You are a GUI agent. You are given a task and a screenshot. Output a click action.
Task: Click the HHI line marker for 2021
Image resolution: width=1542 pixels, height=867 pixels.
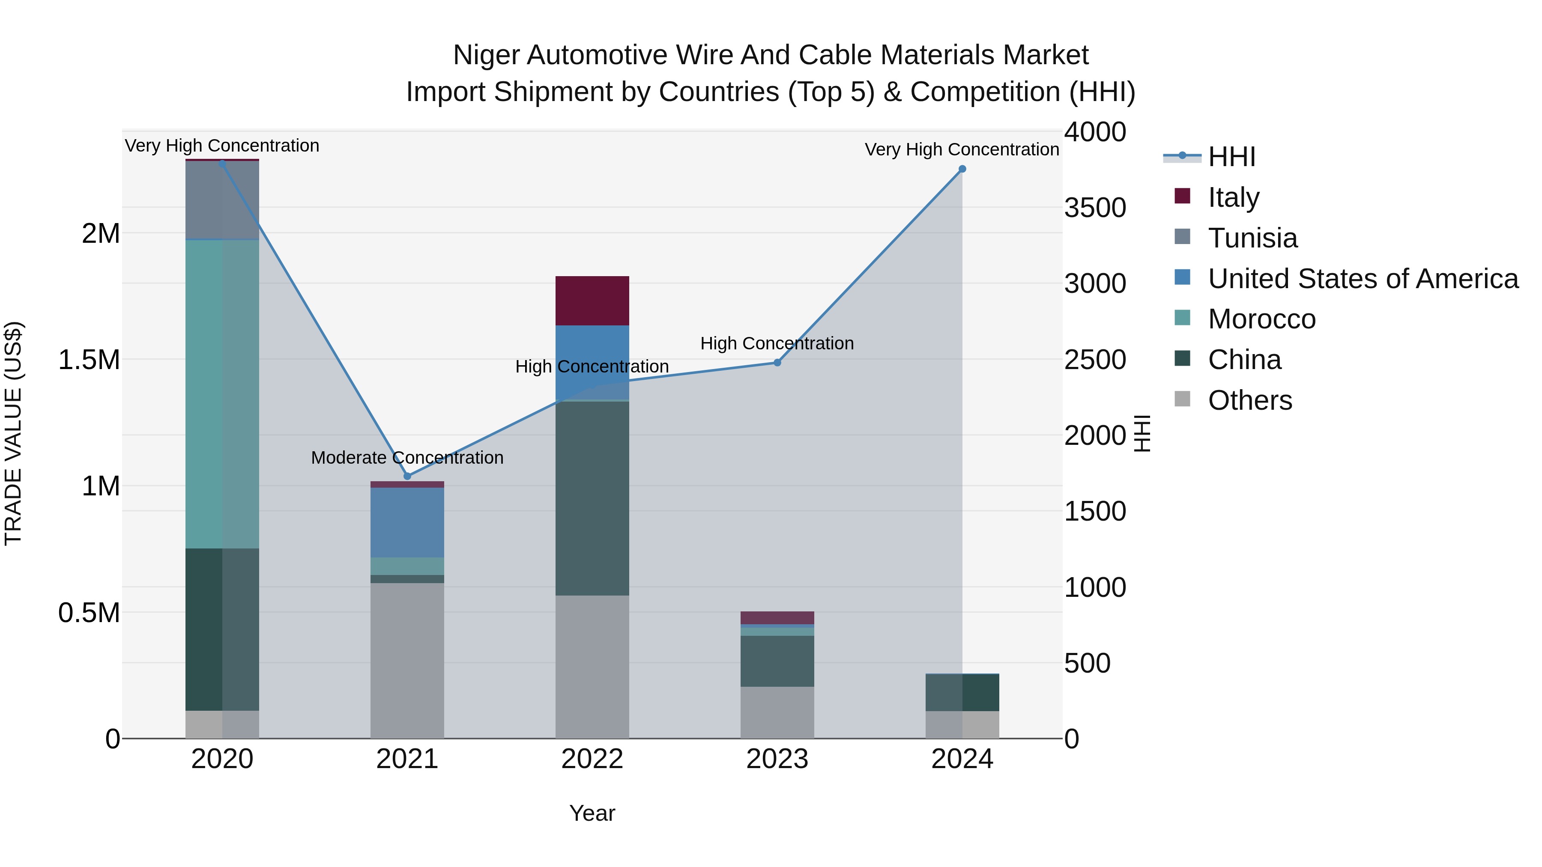coord(407,476)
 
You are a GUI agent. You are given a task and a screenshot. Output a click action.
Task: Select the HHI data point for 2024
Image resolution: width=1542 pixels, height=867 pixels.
coord(962,169)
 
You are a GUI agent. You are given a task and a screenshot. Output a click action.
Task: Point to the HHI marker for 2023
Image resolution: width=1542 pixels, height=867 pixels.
coord(777,363)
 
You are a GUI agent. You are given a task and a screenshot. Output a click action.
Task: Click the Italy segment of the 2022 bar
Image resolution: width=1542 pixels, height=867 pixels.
coord(592,301)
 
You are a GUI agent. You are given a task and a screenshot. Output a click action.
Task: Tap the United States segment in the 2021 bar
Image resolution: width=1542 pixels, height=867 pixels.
coord(407,522)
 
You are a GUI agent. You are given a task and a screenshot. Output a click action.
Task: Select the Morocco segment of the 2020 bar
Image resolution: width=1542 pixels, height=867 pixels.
coord(222,394)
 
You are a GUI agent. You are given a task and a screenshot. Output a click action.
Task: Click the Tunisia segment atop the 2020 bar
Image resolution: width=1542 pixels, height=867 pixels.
coord(222,200)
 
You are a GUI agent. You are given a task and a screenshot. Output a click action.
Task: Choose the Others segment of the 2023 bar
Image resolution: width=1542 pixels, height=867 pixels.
coord(777,712)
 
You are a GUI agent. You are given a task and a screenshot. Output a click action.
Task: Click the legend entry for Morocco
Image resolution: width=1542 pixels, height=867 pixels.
coord(1261,319)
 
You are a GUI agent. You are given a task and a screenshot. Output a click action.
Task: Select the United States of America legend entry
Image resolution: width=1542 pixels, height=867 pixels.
coord(1363,279)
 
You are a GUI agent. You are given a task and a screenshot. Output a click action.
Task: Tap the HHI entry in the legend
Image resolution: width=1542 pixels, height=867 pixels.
coord(1231,157)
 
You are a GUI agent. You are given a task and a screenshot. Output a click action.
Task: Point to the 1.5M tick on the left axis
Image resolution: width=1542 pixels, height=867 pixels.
coord(89,360)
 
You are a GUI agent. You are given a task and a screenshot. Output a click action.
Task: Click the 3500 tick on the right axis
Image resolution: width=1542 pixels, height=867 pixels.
coord(1095,208)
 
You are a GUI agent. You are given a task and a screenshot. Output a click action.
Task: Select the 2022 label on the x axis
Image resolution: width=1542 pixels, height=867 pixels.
coord(592,759)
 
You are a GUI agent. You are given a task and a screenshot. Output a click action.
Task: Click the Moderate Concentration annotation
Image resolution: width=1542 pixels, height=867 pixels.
coord(407,458)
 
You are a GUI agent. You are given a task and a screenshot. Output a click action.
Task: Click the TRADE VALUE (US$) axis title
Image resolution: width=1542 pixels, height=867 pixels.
coord(13,433)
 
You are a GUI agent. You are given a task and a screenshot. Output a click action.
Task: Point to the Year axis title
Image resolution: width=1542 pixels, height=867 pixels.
coord(592,813)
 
